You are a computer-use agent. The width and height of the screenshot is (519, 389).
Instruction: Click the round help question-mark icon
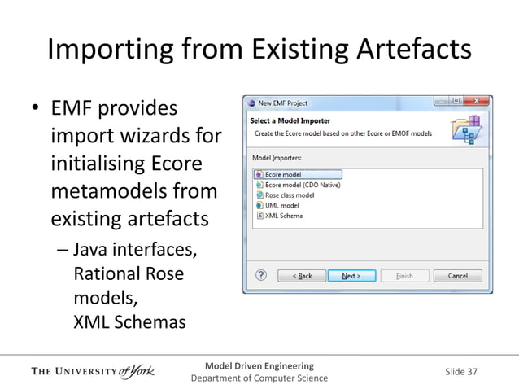[259, 276]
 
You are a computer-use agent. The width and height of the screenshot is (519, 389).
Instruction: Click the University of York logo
[92, 373]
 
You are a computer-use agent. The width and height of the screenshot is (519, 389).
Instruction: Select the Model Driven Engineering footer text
[259, 365]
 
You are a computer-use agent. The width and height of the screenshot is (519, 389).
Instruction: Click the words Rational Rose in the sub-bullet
[129, 273]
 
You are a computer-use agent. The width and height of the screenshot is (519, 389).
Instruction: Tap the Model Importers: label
[277, 157]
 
